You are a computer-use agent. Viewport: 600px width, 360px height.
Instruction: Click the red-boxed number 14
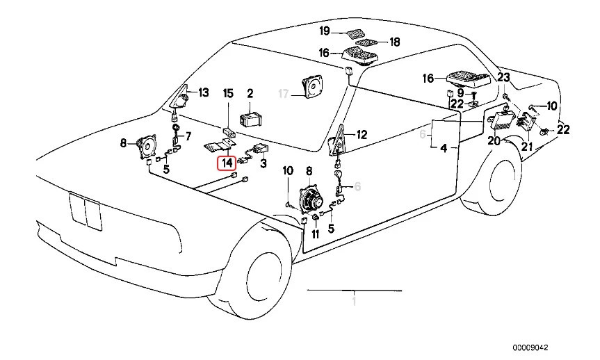227,164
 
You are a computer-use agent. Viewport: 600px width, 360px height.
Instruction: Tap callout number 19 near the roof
325,31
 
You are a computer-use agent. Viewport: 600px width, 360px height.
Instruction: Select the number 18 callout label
394,42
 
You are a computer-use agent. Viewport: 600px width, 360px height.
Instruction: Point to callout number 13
203,92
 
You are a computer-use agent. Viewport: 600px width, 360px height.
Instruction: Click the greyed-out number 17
283,93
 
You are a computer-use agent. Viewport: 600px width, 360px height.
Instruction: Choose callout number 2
250,92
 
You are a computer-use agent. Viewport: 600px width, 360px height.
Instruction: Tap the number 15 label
227,92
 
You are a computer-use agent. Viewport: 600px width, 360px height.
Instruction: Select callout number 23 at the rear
503,77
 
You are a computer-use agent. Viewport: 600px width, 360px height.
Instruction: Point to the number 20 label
494,140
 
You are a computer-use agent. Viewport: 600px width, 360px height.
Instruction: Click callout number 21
526,146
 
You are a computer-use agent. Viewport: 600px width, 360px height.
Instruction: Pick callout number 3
263,165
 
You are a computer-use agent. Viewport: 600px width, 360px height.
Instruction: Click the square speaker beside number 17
314,88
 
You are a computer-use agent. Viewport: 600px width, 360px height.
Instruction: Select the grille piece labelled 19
355,33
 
